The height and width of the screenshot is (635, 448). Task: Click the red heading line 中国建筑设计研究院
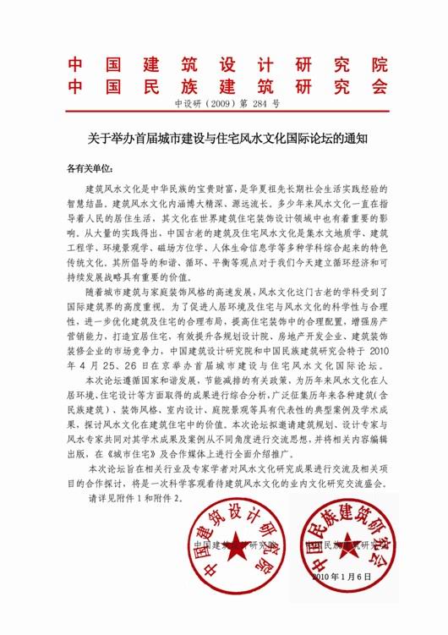227,65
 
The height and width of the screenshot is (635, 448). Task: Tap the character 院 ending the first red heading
380,65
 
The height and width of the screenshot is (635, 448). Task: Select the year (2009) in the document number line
210,107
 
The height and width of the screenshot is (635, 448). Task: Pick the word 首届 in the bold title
134,135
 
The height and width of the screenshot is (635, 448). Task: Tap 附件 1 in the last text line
139,499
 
